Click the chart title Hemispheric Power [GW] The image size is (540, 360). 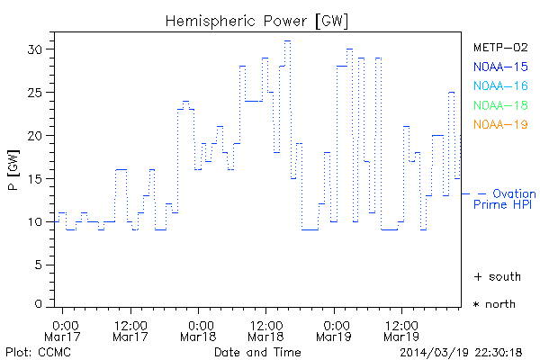tap(256, 20)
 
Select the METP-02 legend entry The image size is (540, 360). tap(499, 48)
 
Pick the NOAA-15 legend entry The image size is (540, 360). tap(499, 67)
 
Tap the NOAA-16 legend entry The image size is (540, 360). tap(499, 85)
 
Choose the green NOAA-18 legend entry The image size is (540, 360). tap(499, 105)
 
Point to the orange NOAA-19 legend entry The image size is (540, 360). tap(499, 124)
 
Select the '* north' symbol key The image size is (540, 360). tap(495, 304)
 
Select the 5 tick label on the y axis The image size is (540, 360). tap(38, 265)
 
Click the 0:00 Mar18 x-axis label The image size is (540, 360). tap(200, 330)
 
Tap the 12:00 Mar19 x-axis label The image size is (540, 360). tap(400, 330)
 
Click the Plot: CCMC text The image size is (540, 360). tap(32, 351)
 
